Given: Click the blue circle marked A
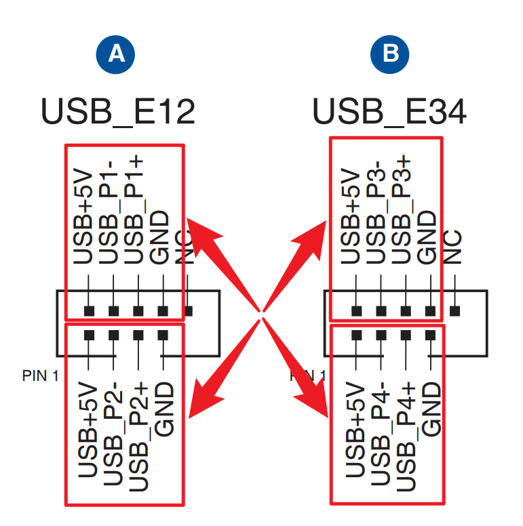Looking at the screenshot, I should tap(116, 54).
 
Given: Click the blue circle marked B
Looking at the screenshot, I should tap(391, 54).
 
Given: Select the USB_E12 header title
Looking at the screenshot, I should tap(118, 111).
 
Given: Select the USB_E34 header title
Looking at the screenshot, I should tap(389, 111).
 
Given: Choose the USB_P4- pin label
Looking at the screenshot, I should tap(380, 434).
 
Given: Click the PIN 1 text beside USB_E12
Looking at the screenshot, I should tap(40, 375).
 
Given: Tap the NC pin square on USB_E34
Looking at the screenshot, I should tap(454, 311).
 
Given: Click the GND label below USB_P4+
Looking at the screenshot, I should tap(431, 410).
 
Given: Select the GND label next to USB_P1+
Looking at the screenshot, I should tap(161, 237).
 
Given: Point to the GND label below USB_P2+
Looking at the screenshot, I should tap(164, 410).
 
